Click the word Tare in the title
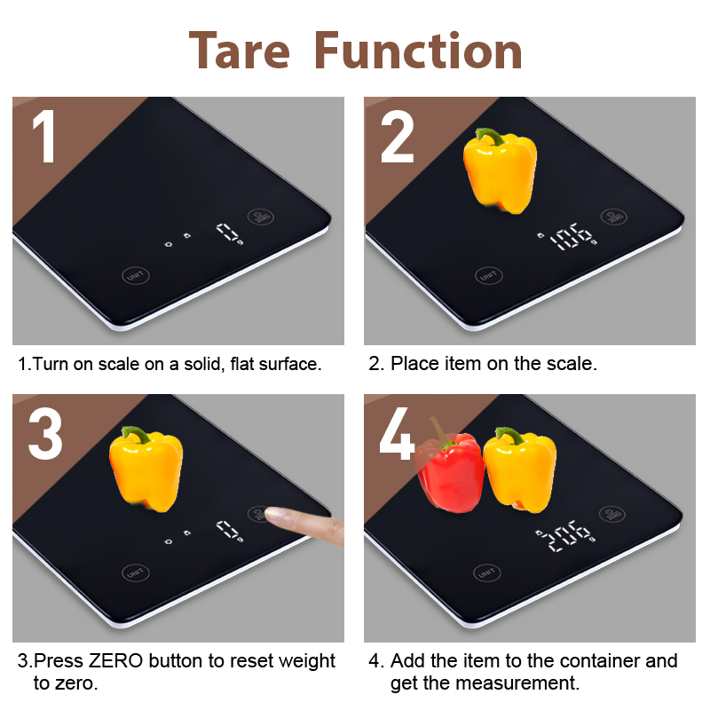point(239,51)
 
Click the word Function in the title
point(418,51)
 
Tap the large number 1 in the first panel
point(43,136)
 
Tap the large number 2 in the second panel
point(398,136)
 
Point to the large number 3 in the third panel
point(45,433)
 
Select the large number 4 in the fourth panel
point(397,433)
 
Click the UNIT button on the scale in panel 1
point(136,275)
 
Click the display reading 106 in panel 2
point(572,237)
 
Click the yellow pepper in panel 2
point(501,170)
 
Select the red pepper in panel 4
point(449,470)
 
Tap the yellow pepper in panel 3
point(146,469)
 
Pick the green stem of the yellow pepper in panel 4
point(510,435)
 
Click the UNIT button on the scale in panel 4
point(486,573)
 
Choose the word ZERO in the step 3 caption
point(115,660)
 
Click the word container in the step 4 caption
point(595,660)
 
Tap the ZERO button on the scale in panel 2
point(613,217)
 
